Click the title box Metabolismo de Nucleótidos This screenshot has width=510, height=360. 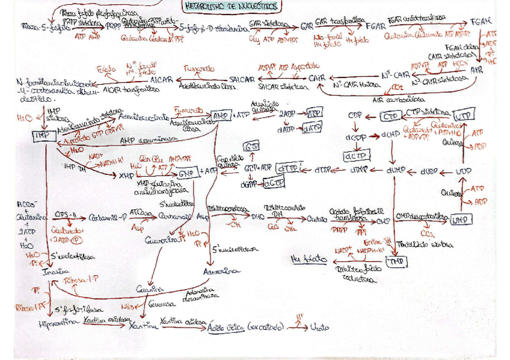pos(232,7)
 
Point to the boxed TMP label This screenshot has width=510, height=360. pos(395,261)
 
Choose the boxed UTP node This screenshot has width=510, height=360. pos(463,115)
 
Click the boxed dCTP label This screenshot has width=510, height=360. pos(354,156)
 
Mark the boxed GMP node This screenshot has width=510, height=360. pos(187,173)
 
